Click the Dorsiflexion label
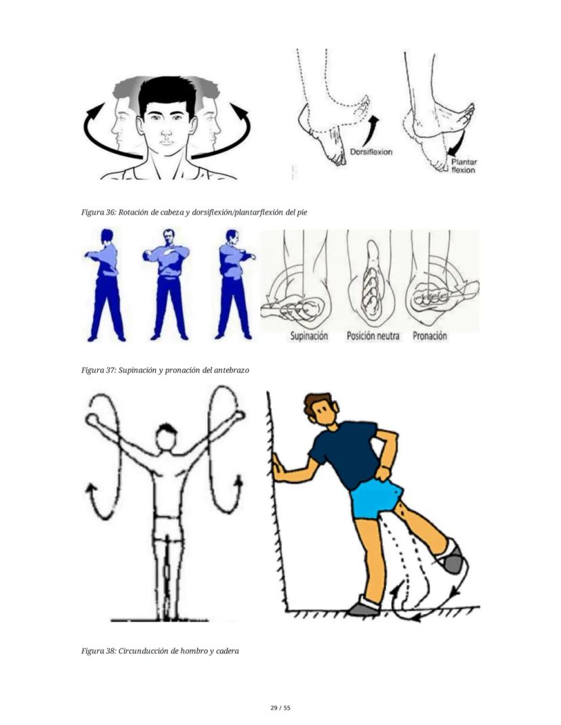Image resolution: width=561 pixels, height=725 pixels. pos(371,152)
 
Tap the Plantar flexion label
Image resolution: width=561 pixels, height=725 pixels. pos(463,166)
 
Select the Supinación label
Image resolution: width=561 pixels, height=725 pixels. pos(309,336)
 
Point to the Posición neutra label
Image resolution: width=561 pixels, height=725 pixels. pos(373,336)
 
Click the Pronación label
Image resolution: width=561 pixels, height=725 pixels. pos(430,336)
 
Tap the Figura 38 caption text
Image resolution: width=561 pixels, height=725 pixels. pos(160,651)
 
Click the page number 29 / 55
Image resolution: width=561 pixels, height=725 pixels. pos(280,707)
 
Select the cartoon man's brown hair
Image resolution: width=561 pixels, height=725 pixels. pos(317,401)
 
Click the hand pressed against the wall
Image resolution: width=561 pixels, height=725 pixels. pos(276,466)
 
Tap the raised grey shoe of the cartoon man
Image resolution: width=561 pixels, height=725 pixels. pos(451,558)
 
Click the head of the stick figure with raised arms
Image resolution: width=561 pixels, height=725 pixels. pos(166,437)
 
